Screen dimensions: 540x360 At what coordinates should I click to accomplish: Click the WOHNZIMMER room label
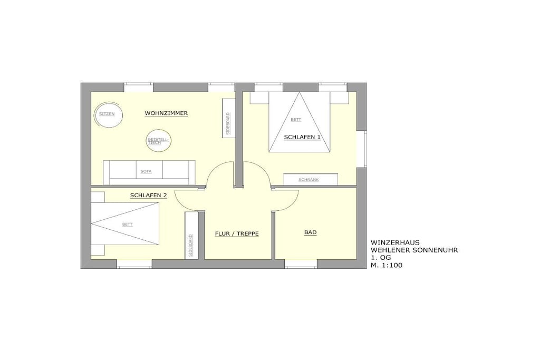click(166, 113)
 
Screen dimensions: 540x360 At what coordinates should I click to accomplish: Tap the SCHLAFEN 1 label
click(302, 137)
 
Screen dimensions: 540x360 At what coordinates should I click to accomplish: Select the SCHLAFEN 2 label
click(148, 196)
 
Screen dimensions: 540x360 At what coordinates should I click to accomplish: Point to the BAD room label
click(310, 232)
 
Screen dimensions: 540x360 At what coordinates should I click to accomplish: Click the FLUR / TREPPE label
click(237, 233)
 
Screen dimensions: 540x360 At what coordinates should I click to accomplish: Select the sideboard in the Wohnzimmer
click(228, 118)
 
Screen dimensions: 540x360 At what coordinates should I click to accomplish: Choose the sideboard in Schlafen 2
click(190, 236)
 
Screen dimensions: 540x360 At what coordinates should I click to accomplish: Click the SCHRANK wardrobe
click(310, 179)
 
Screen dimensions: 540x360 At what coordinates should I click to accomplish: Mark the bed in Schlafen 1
click(300, 122)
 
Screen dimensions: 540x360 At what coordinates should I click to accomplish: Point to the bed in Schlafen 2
click(125, 223)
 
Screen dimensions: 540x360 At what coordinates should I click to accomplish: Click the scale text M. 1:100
click(387, 265)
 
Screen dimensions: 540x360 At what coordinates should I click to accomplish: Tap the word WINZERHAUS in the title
click(395, 242)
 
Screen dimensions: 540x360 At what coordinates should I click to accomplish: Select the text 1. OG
click(381, 258)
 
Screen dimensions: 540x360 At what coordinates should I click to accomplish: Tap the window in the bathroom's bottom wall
click(301, 264)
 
